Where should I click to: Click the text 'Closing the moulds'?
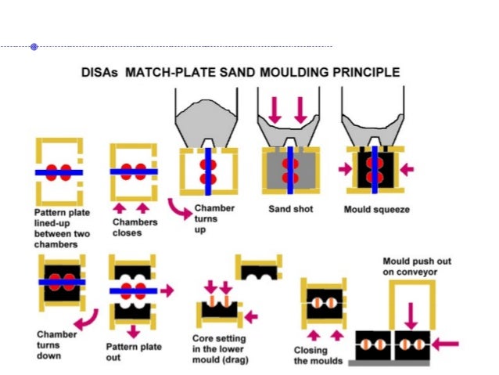click(x=316, y=355)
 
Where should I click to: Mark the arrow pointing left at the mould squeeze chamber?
click(x=407, y=168)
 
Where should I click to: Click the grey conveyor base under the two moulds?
click(x=392, y=363)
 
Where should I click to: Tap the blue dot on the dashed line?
click(x=34, y=47)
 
